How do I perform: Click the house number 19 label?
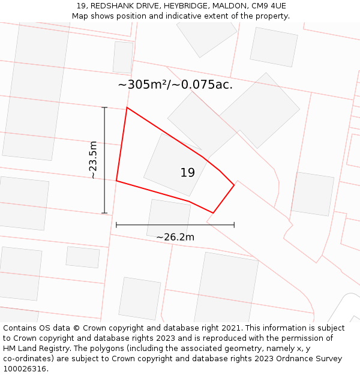click(187, 173)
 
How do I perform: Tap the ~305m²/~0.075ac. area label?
click(175, 85)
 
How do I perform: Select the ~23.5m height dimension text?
click(93, 160)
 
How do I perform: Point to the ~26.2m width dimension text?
click(175, 237)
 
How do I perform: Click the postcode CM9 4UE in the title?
click(268, 6)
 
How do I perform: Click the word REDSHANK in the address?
click(110, 6)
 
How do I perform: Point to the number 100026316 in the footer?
click(25, 369)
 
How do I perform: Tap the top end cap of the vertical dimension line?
click(104, 107)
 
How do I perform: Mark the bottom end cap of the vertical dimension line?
click(104, 213)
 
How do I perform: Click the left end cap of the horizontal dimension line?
click(116, 225)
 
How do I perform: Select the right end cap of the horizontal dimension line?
click(234, 225)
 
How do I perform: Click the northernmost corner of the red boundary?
click(127, 108)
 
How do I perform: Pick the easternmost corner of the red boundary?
click(234, 185)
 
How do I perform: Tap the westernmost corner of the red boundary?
click(116, 181)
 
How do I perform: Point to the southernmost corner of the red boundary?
click(213, 212)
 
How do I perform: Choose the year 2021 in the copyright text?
click(228, 328)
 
